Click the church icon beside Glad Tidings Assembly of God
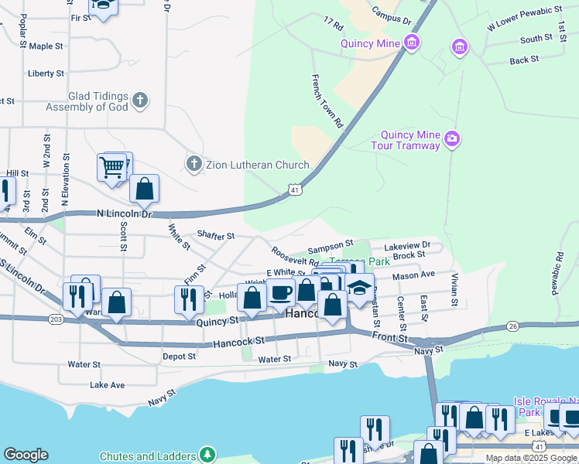pyautogui.click(x=140, y=100)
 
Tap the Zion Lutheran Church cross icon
pyautogui.click(x=194, y=164)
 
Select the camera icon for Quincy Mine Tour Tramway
pyautogui.click(x=452, y=141)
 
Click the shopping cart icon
pyautogui.click(x=112, y=166)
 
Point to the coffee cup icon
pyautogui.click(x=281, y=294)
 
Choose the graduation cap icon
pyautogui.click(x=359, y=288)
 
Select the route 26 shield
pyautogui.click(x=512, y=325)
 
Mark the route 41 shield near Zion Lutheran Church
pyautogui.click(x=294, y=188)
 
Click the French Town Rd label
pyautogui.click(x=327, y=101)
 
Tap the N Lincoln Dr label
pyautogui.click(x=125, y=213)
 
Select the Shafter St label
pyautogui.click(x=216, y=235)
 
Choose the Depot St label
pyautogui.click(x=179, y=357)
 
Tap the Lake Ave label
pyautogui.click(x=107, y=384)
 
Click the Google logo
pyautogui.click(x=26, y=455)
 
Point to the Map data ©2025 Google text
pyautogui.click(x=530, y=458)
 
